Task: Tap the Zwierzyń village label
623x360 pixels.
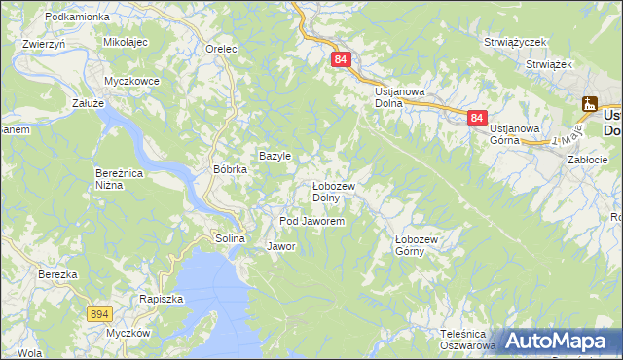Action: (x=43, y=44)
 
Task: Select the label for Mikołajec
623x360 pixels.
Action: (x=125, y=44)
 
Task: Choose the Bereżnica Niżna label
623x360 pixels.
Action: (x=121, y=178)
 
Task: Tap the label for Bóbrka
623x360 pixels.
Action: (x=231, y=168)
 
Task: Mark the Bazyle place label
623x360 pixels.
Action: (x=275, y=156)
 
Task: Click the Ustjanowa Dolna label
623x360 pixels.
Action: (x=401, y=96)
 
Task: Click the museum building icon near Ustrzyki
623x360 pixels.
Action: (x=590, y=104)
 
